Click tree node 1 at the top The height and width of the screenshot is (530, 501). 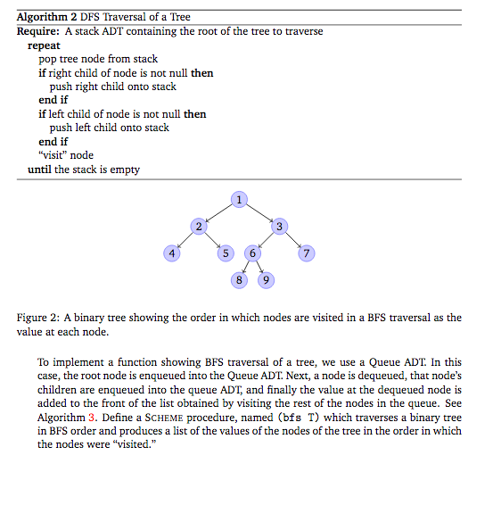point(238,198)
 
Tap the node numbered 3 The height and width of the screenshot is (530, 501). point(279,226)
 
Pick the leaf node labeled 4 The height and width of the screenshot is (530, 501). point(170,253)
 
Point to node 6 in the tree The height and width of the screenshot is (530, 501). point(253,253)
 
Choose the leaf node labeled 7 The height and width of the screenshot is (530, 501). point(307,253)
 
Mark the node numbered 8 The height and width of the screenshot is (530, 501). point(238,281)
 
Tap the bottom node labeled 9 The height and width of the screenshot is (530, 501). point(266,281)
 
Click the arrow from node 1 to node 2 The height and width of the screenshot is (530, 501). point(218,211)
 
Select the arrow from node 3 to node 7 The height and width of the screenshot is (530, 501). point(293,240)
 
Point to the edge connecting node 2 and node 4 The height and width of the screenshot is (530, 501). point(185,240)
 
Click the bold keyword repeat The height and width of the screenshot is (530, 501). point(45,45)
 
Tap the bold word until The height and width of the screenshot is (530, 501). point(39,169)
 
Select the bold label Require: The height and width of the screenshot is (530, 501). point(37,31)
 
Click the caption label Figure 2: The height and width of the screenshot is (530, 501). point(38,318)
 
